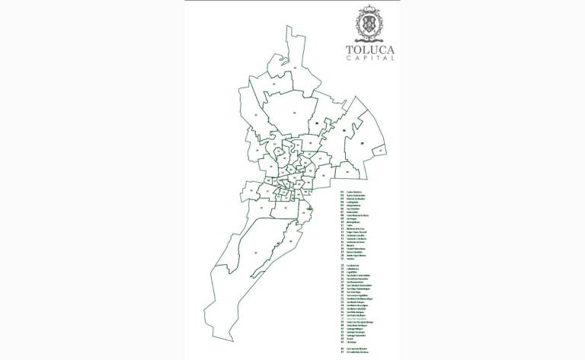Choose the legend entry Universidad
click(353, 210)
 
